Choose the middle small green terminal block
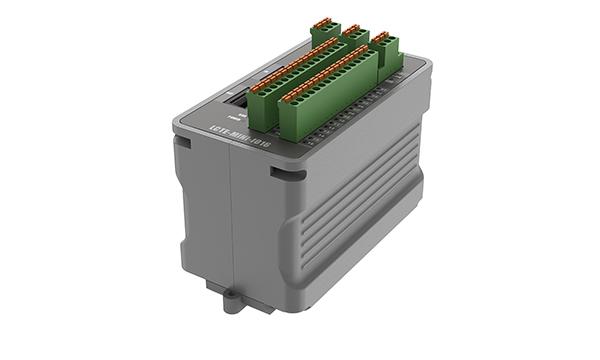[x=355, y=43]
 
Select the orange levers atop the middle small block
[x=353, y=30]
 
